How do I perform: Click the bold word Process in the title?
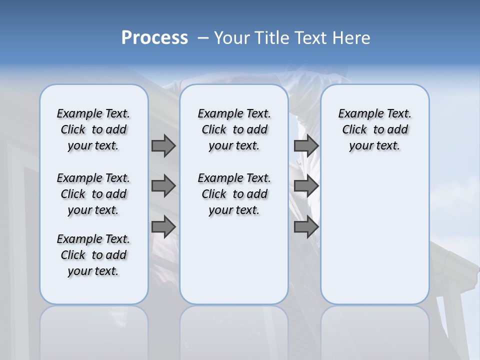[154, 38]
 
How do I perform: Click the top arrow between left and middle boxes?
[163, 145]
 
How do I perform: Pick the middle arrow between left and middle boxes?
[163, 186]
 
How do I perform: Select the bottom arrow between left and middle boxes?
[163, 227]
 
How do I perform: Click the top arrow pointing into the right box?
[306, 145]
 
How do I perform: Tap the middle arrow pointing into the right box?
[306, 186]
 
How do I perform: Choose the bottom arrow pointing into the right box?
[306, 227]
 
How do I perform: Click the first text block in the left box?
[93, 129]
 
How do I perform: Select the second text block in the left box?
[93, 194]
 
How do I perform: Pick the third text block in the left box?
[93, 255]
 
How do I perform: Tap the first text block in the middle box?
[234, 129]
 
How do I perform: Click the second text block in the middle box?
[234, 194]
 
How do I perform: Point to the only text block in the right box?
[374, 129]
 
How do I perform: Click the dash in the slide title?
[203, 38]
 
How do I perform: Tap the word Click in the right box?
[354, 130]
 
